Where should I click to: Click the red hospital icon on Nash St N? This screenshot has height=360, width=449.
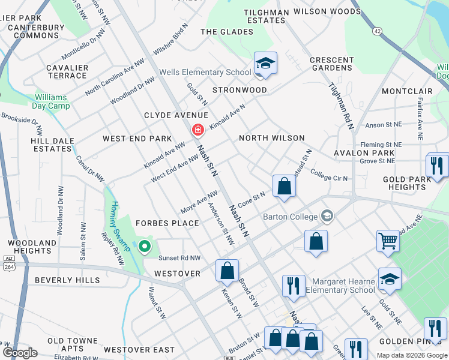[197, 130]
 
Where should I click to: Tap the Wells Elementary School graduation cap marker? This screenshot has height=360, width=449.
[264, 63]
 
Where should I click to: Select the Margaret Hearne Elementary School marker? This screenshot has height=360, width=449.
[390, 280]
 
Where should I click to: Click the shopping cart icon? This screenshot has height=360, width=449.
[388, 241]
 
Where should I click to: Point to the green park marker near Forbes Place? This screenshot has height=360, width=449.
[144, 246]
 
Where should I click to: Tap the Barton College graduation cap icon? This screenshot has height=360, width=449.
[327, 215]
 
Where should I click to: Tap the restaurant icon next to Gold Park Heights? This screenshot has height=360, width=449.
[437, 166]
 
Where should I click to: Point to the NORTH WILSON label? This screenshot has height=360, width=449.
[272, 138]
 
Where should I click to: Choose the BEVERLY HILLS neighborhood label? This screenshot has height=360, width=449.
[67, 280]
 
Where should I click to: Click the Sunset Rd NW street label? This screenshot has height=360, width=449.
[178, 258]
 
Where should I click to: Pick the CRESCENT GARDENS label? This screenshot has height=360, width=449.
[331, 64]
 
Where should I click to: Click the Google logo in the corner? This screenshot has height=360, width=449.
[20, 353]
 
